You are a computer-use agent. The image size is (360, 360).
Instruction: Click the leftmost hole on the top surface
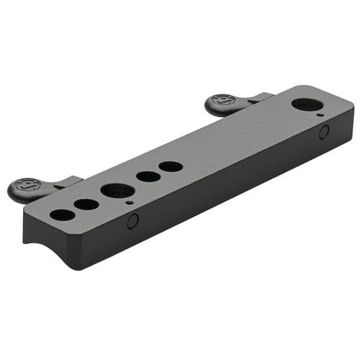coord(63,214)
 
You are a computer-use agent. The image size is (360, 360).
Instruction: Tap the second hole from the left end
coord(86,204)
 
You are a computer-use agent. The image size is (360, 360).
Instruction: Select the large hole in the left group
coord(117,191)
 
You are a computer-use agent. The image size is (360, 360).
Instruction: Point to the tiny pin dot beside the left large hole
coord(128,203)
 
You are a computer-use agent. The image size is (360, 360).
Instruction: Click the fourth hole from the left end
coord(148,176)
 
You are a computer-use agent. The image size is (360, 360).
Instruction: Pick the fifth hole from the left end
coord(171,166)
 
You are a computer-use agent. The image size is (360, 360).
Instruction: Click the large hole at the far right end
coord(307,104)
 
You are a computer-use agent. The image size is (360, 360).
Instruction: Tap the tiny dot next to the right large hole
coord(319,114)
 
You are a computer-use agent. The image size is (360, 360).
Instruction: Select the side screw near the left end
coord(132,222)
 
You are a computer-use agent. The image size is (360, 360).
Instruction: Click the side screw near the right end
coord(324,132)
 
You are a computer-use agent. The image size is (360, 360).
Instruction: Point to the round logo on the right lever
coord(224,100)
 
